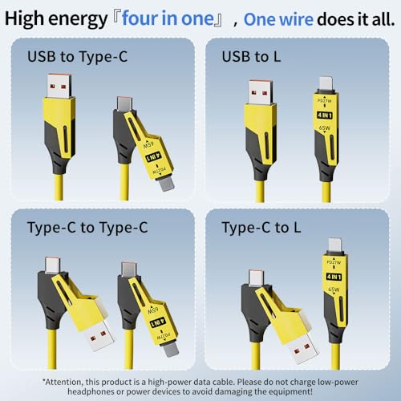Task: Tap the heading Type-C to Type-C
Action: pos(89,228)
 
